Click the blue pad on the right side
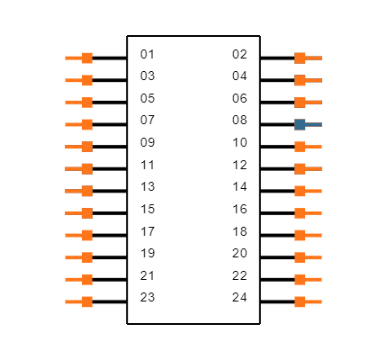click(x=301, y=124)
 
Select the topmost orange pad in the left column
click(x=86, y=58)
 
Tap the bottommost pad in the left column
click(x=86, y=301)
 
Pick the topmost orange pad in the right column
click(x=301, y=58)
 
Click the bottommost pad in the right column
click(x=301, y=301)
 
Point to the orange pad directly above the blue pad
click(x=301, y=102)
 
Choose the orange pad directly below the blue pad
click(x=301, y=147)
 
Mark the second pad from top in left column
click(x=86, y=80)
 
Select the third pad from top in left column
click(x=86, y=102)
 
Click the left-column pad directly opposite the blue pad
click(x=86, y=124)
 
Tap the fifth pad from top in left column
click(x=86, y=147)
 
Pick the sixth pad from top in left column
click(x=86, y=168)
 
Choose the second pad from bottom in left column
click(x=86, y=279)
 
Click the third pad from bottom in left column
click(x=86, y=257)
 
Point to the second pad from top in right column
click(x=301, y=80)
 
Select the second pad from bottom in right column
click(x=301, y=279)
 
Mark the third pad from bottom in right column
click(x=301, y=257)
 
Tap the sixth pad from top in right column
click(x=301, y=168)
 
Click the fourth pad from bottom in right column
click(x=301, y=235)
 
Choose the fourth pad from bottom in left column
click(x=86, y=235)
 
